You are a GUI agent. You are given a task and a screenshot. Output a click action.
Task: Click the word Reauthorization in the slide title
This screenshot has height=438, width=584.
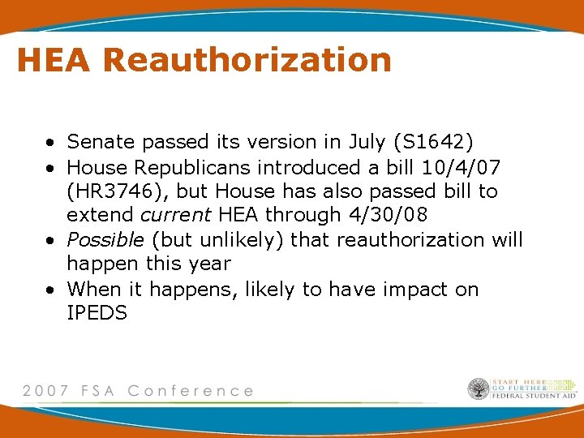pyautogui.click(x=247, y=60)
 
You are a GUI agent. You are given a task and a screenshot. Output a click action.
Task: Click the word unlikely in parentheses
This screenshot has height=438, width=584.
pyautogui.click(x=241, y=240)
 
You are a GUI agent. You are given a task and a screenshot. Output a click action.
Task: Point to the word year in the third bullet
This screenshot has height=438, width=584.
pyautogui.click(x=209, y=264)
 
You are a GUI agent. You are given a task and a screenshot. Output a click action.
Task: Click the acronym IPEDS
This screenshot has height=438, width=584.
pyautogui.click(x=97, y=313)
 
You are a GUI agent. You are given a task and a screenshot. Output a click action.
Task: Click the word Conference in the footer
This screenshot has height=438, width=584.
pyautogui.click(x=191, y=391)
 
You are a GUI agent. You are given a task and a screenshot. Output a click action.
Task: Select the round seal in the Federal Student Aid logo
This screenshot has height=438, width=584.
pyautogui.click(x=479, y=389)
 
